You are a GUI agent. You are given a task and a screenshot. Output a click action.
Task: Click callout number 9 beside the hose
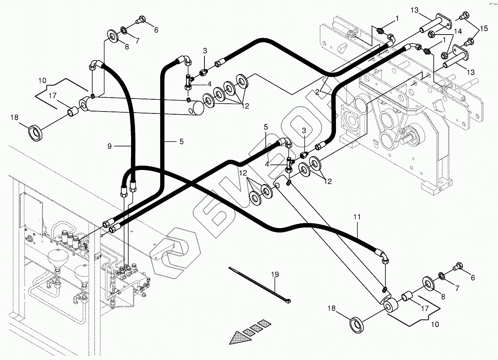110,146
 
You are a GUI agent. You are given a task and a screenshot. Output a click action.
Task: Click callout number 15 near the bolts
484,28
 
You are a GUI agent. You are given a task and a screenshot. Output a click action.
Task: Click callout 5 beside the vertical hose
181,141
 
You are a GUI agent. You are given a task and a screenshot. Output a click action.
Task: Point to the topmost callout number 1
397,18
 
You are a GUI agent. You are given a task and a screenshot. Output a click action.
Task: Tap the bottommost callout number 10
434,325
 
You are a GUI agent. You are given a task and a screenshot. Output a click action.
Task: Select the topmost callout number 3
205,51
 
